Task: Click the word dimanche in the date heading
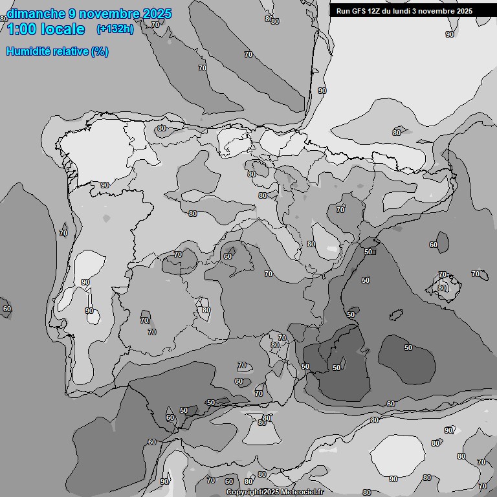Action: click(36, 14)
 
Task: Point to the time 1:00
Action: click(23, 29)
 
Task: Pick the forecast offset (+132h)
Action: click(115, 29)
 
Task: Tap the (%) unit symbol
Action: click(100, 51)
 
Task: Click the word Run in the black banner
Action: click(344, 11)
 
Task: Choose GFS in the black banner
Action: click(360, 11)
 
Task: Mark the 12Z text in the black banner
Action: click(378, 11)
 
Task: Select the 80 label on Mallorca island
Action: click(442, 288)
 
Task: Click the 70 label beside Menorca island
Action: click(476, 274)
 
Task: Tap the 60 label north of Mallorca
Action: click(434, 245)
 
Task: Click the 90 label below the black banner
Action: click(450, 34)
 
